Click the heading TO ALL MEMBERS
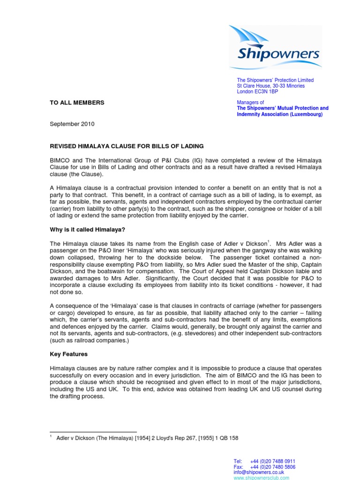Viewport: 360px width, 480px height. click(77, 103)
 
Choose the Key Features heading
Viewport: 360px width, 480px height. click(68, 354)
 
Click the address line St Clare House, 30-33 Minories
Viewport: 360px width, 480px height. click(270, 86)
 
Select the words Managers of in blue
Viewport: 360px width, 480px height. click(250, 103)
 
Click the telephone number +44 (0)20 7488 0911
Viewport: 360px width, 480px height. click(273, 461)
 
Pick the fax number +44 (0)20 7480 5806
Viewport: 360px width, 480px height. click(273, 467)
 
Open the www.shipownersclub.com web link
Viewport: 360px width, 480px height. click(261, 478)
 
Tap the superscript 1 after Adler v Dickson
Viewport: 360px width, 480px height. click(269, 241)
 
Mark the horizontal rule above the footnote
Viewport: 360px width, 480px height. click(93, 432)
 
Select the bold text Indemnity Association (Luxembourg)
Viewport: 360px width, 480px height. click(279, 114)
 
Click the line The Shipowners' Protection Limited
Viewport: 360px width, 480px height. click(275, 80)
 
